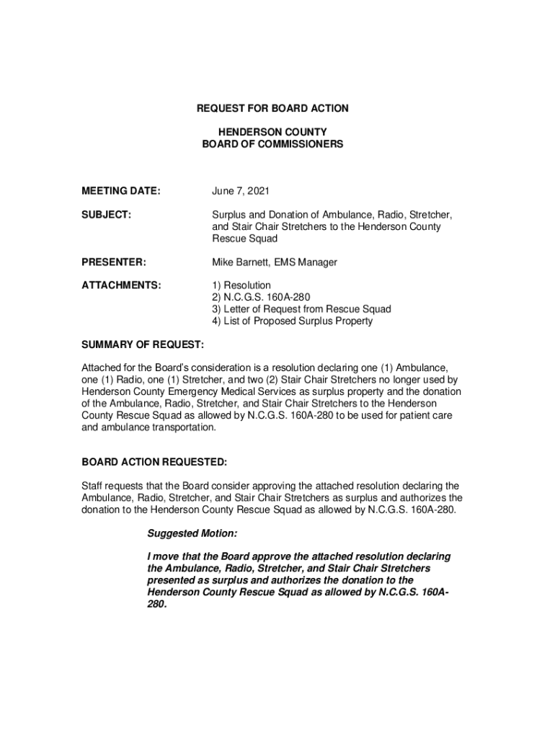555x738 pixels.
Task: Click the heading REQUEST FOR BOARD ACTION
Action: click(x=272, y=108)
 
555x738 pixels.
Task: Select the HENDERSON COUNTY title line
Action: click(x=272, y=133)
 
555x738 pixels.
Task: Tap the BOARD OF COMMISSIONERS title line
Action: click(x=272, y=144)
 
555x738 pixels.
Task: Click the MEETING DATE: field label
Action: click(x=120, y=191)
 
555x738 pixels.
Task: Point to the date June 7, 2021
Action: click(x=241, y=191)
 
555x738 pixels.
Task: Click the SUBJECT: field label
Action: click(x=105, y=215)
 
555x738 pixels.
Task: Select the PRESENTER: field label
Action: click(x=115, y=262)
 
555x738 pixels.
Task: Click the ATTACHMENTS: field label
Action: click(x=121, y=286)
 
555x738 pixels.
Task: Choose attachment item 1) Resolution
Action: click(x=241, y=286)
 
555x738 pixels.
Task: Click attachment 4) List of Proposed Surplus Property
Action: click(x=292, y=321)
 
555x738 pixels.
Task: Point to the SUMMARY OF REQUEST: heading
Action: click(x=143, y=345)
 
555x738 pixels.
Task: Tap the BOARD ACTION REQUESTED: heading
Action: click(x=154, y=461)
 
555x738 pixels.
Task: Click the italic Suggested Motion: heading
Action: click(x=192, y=534)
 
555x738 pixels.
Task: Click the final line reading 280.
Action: click(x=156, y=604)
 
